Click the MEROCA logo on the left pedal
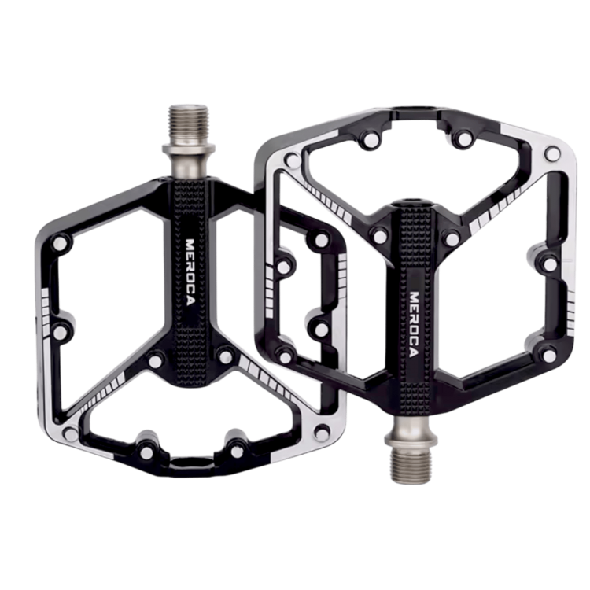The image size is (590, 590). [x=191, y=272]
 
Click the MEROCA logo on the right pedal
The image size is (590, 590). [x=414, y=324]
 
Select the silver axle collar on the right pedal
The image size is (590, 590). [x=411, y=431]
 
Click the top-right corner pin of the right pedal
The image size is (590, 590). [x=552, y=153]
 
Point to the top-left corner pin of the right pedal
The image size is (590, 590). [x=293, y=160]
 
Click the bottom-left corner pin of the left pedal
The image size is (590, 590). [x=70, y=433]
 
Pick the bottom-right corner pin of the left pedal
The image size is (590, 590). [x=322, y=432]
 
